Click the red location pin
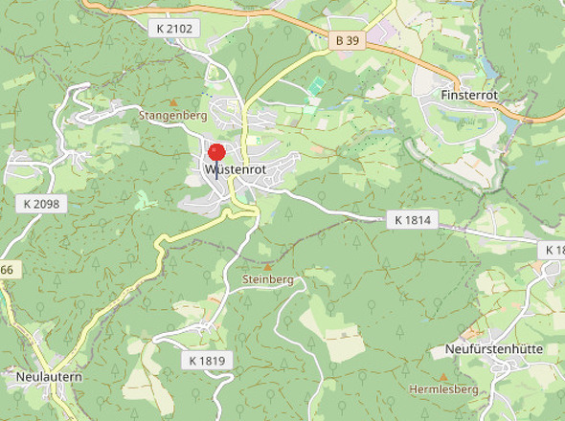click(216, 153)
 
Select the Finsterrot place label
click(471, 97)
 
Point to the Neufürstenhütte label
click(493, 349)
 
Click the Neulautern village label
click(49, 377)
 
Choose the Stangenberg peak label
click(172, 116)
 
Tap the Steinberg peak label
click(267, 280)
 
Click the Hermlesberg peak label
click(442, 389)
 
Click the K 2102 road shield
click(174, 29)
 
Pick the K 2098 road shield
click(41, 205)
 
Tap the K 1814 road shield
click(413, 220)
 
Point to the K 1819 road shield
click(206, 361)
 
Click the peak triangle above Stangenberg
click(172, 101)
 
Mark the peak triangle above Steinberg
click(267, 267)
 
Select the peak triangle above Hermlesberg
click(442, 376)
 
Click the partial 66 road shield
click(7, 271)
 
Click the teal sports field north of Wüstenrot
click(315, 87)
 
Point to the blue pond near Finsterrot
click(491, 67)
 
